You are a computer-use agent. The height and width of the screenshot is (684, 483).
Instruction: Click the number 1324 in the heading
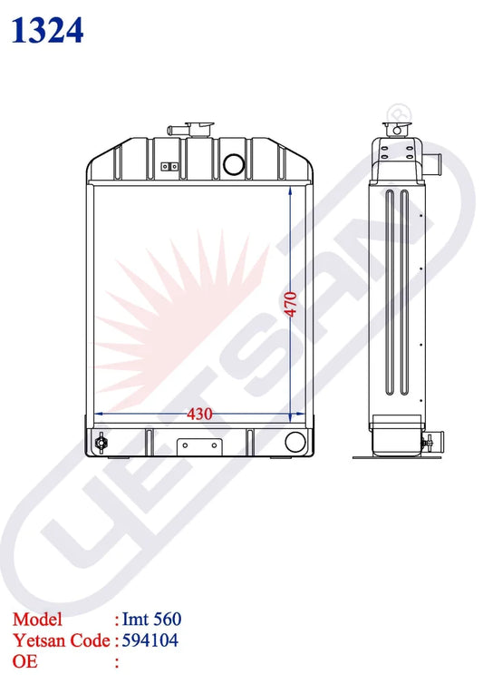point(48,30)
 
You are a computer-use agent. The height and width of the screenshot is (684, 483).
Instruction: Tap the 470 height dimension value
point(290,304)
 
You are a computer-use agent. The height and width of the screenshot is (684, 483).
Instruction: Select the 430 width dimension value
point(199,414)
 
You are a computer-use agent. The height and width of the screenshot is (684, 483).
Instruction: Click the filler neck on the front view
point(195,130)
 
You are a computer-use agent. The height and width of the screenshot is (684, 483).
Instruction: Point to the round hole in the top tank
point(235,164)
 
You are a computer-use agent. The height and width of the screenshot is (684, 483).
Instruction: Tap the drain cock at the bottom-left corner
point(101,443)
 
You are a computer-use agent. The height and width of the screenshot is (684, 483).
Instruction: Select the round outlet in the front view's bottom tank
point(295,443)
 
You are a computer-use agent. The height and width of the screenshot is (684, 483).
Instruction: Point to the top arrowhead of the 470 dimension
point(290,191)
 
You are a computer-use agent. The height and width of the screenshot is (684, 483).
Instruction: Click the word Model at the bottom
point(37,620)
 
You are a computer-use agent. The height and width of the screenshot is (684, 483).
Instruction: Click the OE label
point(24,660)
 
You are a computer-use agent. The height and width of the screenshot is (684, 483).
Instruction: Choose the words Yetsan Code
point(61,640)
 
